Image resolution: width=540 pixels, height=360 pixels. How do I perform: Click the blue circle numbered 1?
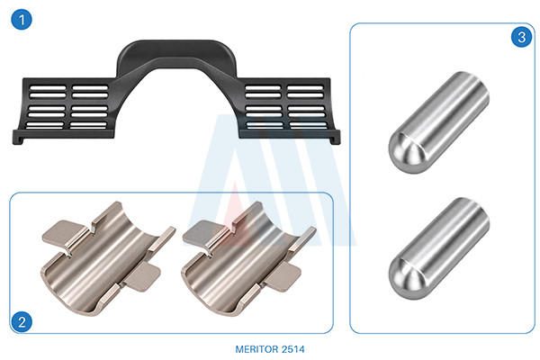tap(22, 19)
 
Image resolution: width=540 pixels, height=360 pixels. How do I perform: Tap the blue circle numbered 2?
tap(22, 322)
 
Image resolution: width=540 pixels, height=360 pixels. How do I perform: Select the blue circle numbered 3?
tap(521, 37)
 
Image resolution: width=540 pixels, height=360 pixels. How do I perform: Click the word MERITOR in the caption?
tap(256, 349)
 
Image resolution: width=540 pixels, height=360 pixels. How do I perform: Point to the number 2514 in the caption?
tap(293, 349)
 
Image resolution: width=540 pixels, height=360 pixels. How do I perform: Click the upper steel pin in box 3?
tap(439, 122)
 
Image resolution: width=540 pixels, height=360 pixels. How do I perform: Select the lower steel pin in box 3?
tap(439, 248)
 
